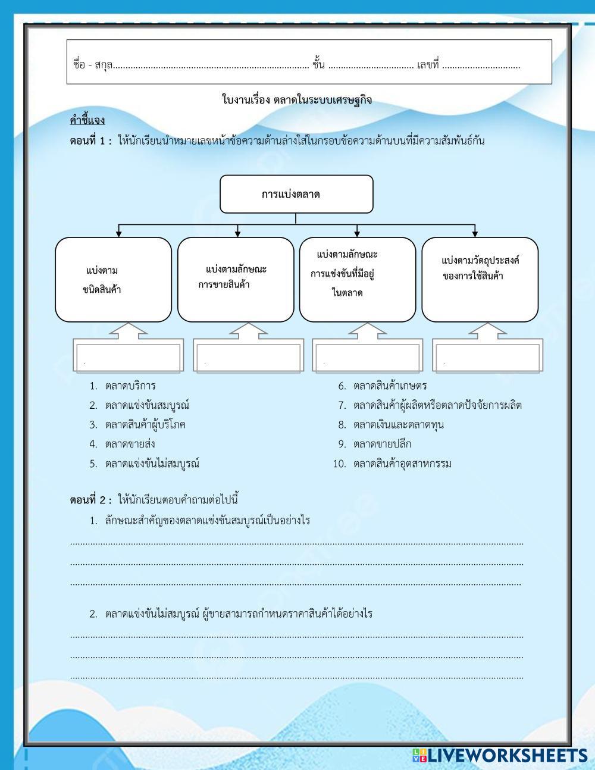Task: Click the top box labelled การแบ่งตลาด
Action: tap(296, 194)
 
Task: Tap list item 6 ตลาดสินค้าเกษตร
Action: tap(390, 386)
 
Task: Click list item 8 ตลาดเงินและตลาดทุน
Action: tap(398, 424)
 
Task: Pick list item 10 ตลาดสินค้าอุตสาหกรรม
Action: tap(402, 464)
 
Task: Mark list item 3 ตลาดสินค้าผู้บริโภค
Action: tap(145, 424)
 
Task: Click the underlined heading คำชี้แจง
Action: tap(87, 121)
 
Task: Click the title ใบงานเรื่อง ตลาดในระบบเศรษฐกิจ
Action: tap(296, 99)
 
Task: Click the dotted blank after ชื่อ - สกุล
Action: tap(211, 66)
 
